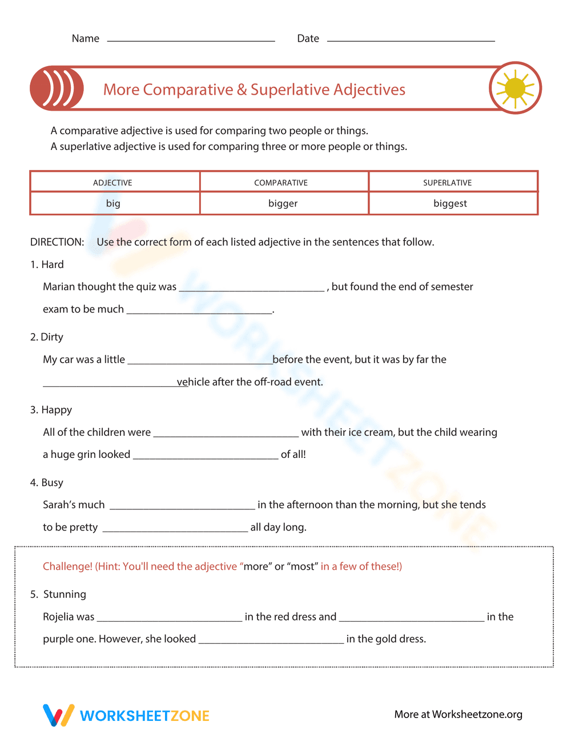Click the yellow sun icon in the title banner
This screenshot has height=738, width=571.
click(515, 88)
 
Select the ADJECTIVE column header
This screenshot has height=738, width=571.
click(112, 183)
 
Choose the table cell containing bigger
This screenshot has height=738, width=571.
click(283, 204)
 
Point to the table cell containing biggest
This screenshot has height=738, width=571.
click(450, 204)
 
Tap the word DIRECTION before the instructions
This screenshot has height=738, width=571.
click(57, 242)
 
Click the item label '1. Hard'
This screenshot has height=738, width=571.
click(47, 265)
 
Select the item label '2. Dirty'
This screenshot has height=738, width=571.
click(47, 337)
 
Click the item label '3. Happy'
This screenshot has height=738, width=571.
click(51, 410)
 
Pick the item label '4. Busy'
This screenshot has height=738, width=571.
click(47, 482)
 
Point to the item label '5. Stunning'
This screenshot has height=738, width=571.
click(58, 594)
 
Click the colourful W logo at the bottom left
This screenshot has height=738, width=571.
click(58, 715)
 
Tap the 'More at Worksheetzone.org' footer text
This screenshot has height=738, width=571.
click(458, 715)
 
